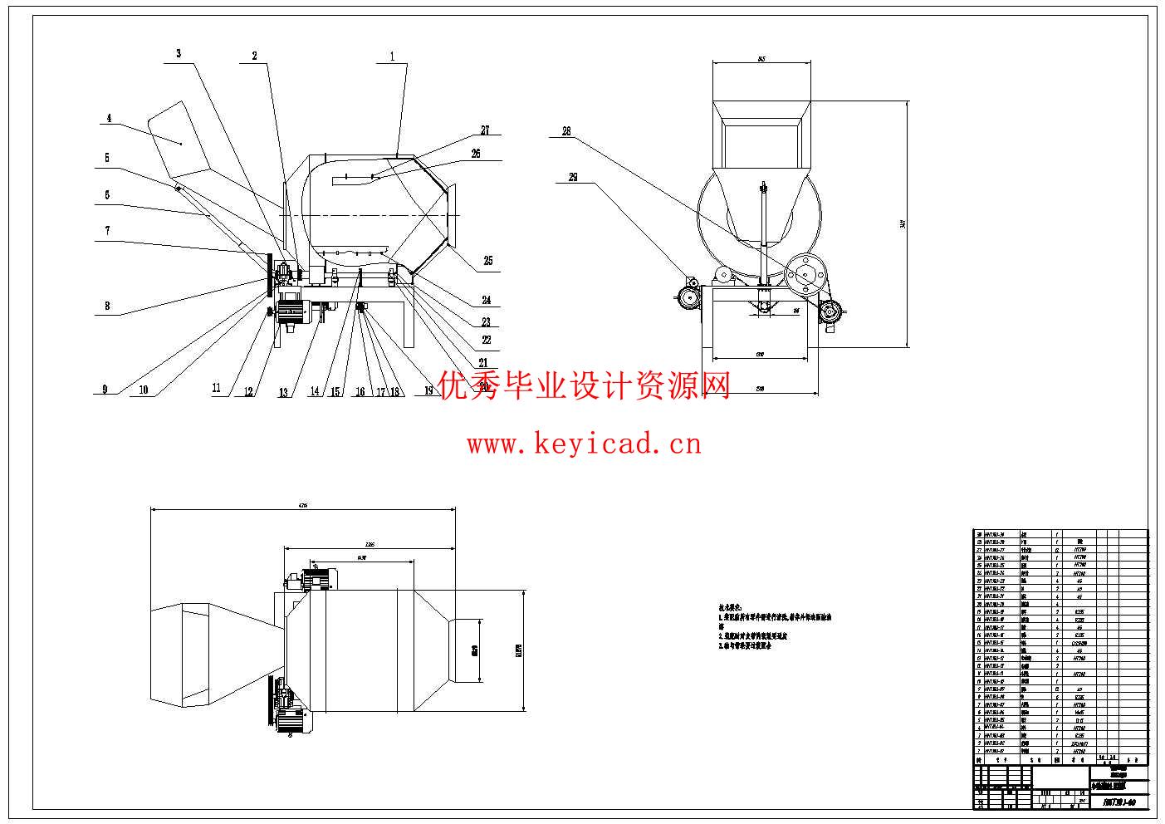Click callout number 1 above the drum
pyautogui.click(x=392, y=57)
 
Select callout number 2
pyautogui.click(x=255, y=56)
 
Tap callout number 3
pyautogui.click(x=179, y=53)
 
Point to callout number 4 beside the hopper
pyautogui.click(x=108, y=119)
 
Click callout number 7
pyautogui.click(x=107, y=231)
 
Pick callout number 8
pyautogui.click(x=107, y=306)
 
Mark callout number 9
pyautogui.click(x=105, y=389)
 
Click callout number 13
pyautogui.click(x=284, y=392)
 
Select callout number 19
pyautogui.click(x=428, y=390)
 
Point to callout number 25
pyautogui.click(x=488, y=261)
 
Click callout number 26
pyautogui.click(x=476, y=154)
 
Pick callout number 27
pyautogui.click(x=485, y=130)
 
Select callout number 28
pyautogui.click(x=566, y=131)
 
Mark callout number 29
pyautogui.click(x=573, y=176)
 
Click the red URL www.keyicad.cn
pyautogui.click(x=584, y=444)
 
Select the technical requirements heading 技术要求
pyautogui.click(x=730, y=608)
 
